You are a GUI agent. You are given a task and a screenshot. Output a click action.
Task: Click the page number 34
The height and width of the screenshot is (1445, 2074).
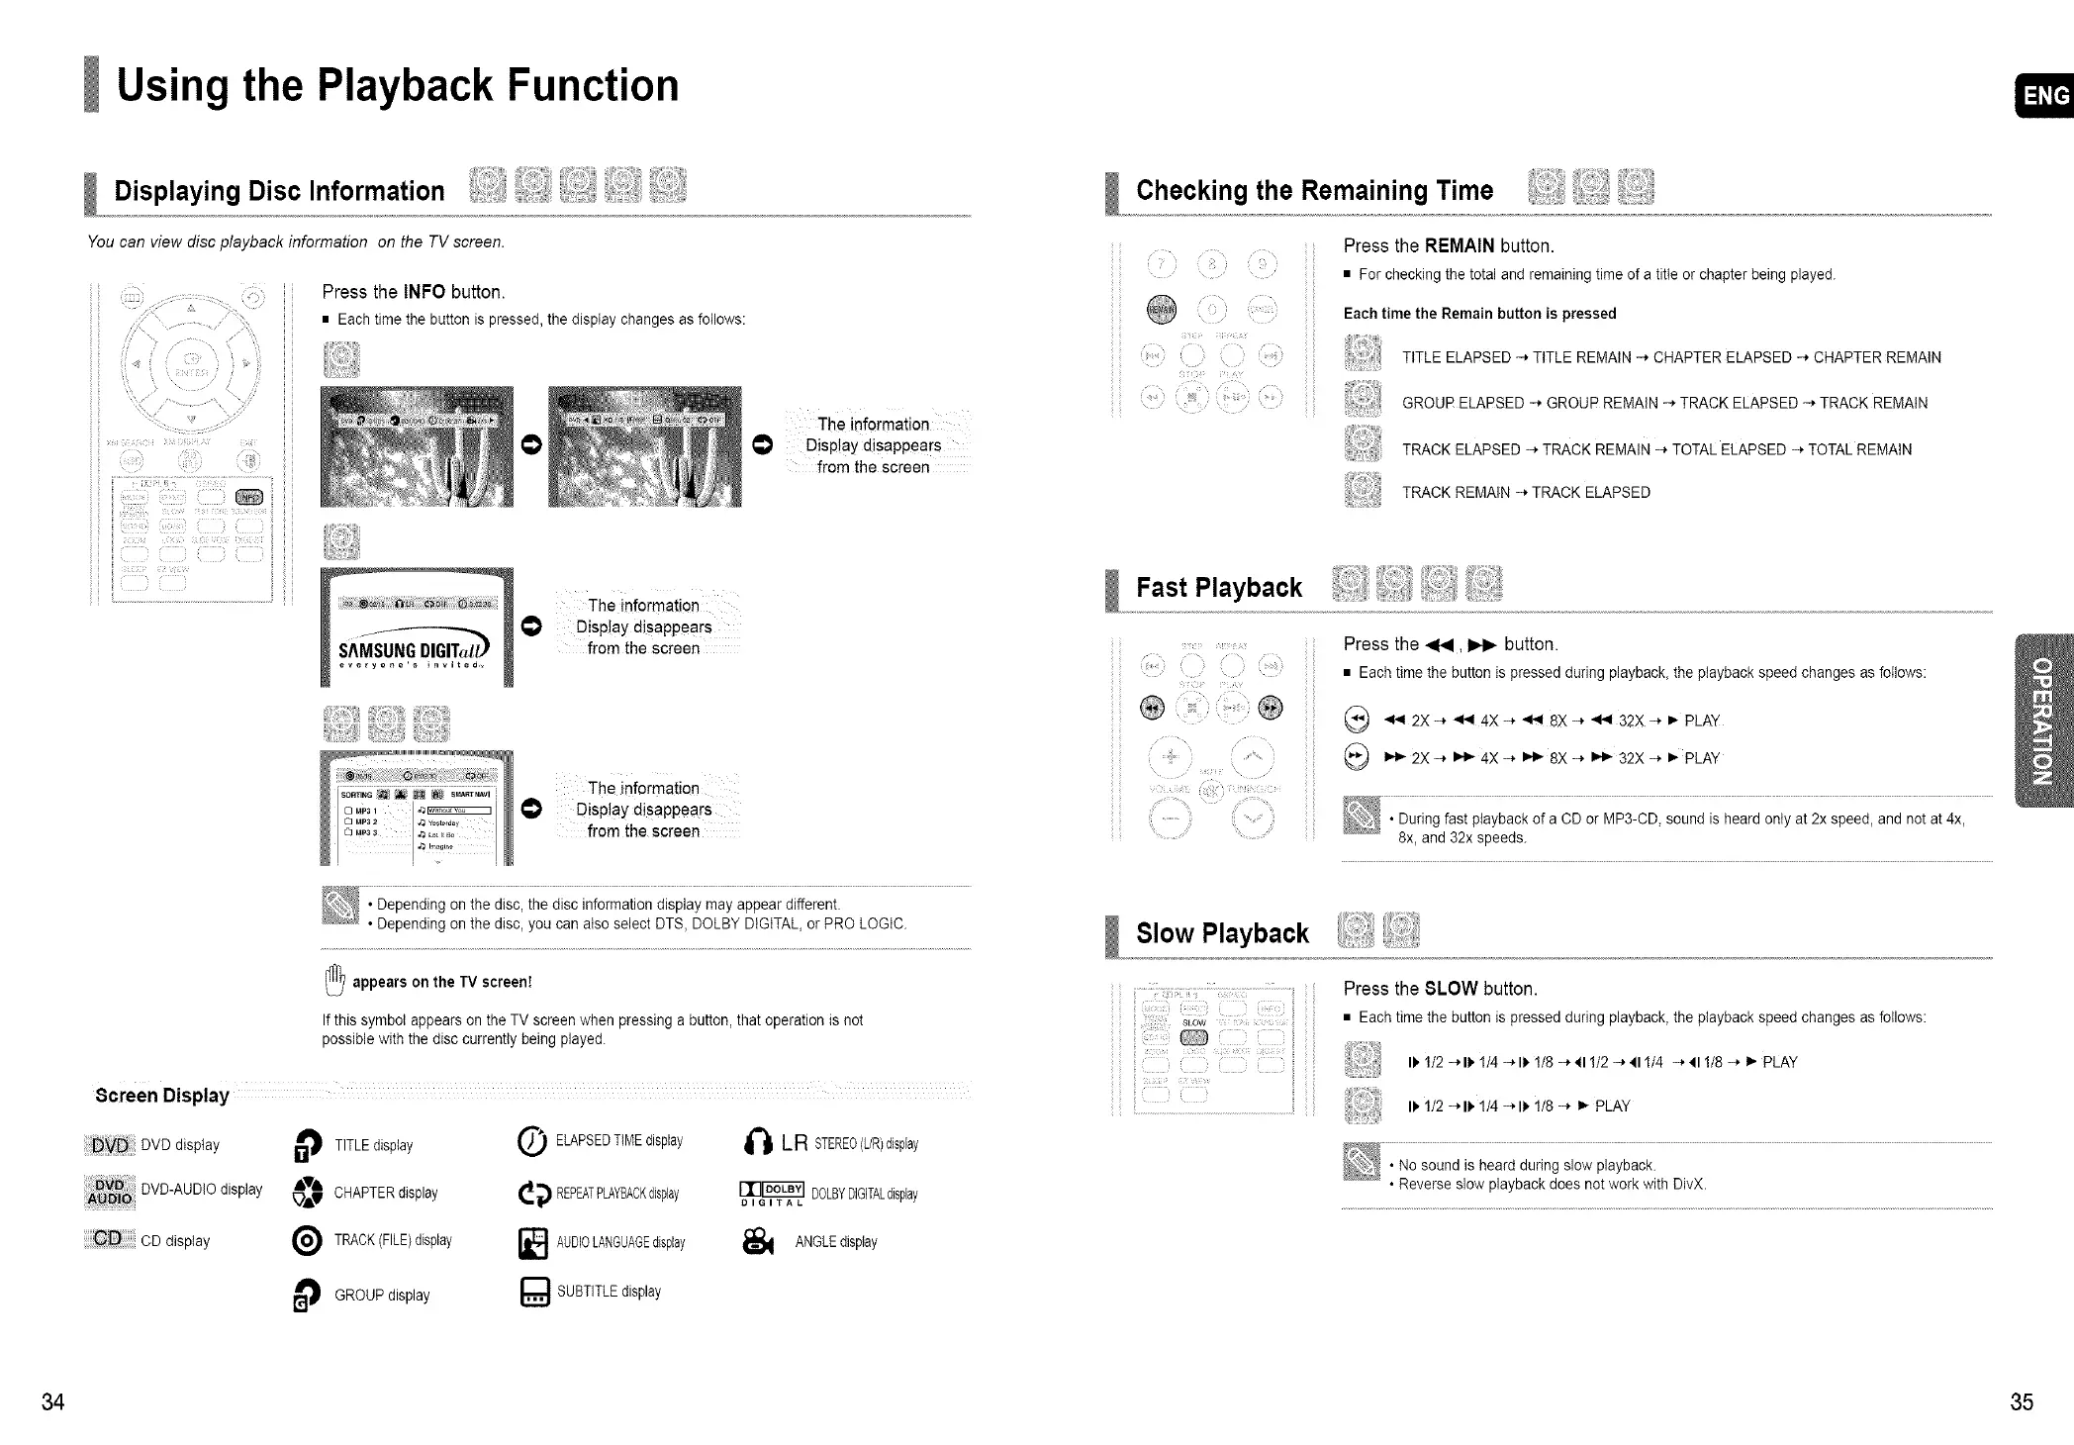[x=52, y=1401]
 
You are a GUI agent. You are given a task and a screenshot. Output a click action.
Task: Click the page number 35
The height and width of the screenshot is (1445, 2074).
[x=2022, y=1401]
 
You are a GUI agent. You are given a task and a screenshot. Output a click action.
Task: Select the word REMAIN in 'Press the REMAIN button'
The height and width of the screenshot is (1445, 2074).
[x=1460, y=245]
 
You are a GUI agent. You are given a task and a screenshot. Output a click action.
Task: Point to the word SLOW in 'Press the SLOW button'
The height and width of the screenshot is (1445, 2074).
[x=1451, y=989]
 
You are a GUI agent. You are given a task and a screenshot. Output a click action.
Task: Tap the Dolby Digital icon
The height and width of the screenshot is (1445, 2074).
[x=772, y=1193]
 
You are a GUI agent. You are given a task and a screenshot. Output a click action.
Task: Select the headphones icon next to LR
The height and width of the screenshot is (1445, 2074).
[x=757, y=1144]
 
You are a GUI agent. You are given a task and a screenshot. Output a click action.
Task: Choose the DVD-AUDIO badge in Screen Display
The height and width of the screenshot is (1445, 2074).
[x=109, y=1192]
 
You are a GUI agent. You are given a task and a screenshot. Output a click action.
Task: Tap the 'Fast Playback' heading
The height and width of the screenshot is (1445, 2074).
[x=1218, y=588]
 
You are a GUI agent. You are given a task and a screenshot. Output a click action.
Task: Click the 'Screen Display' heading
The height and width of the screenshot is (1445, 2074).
[x=162, y=1096]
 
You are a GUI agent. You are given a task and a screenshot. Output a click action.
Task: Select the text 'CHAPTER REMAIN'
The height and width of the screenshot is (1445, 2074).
[x=1877, y=357]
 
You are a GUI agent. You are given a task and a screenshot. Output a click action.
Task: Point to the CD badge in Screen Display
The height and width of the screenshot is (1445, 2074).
[x=108, y=1239]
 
